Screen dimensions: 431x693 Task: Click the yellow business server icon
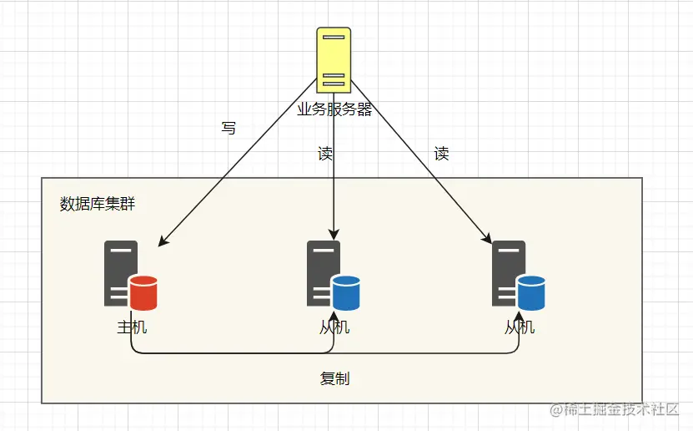[333, 59]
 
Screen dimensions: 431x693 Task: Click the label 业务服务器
[334, 109]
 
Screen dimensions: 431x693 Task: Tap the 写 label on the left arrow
[228, 129]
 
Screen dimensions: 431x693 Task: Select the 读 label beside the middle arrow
[325, 154]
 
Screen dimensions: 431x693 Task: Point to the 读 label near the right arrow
[442, 154]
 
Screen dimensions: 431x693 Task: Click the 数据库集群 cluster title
[97, 203]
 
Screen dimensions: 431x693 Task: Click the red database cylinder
[143, 292]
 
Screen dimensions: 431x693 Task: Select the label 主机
[132, 327]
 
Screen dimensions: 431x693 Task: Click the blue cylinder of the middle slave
[346, 292]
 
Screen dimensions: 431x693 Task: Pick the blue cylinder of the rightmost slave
[531, 292]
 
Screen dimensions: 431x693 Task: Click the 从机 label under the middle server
[334, 327]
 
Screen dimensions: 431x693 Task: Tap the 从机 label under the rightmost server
[520, 327]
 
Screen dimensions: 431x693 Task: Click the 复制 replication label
[334, 378]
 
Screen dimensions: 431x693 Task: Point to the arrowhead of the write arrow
[163, 242]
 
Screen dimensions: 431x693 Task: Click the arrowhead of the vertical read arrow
[334, 235]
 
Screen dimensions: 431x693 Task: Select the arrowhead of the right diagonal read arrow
[487, 240]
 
